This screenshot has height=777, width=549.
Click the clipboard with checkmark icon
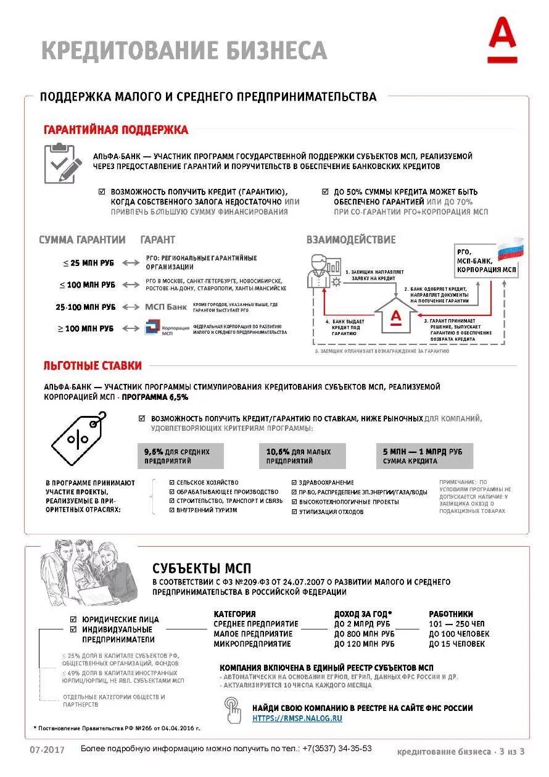coord(62,163)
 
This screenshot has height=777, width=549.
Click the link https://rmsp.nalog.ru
coord(297,718)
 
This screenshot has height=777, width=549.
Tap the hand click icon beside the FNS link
coord(233,710)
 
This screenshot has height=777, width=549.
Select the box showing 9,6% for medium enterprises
coord(180,456)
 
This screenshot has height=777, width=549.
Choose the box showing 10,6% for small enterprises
coord(302,456)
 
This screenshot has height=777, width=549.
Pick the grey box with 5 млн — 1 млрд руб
coord(424,456)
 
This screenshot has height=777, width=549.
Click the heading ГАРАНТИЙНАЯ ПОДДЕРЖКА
coord(116,130)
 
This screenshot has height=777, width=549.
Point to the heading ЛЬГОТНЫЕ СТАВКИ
coord(93,366)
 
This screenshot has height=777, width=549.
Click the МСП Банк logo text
coord(165,307)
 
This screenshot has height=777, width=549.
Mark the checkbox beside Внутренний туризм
coord(172,511)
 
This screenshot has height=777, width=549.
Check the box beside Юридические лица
coord(74,619)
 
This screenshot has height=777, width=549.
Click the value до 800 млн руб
coord(364,634)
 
